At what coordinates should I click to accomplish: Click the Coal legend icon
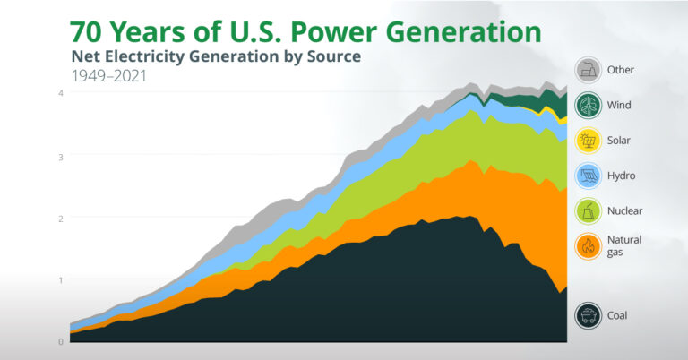tap(588, 315)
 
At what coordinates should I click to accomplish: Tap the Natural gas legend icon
tap(588, 245)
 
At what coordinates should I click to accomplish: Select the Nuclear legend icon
tap(588, 210)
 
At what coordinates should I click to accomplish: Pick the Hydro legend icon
tap(588, 176)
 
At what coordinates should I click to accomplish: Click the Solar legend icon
tap(588, 141)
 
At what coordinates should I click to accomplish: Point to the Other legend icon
tap(588, 70)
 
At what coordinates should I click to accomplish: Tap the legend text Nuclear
tap(625, 210)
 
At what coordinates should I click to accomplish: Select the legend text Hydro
tap(622, 176)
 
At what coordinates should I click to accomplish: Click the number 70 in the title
tap(86, 32)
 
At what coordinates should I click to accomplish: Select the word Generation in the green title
tap(468, 32)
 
